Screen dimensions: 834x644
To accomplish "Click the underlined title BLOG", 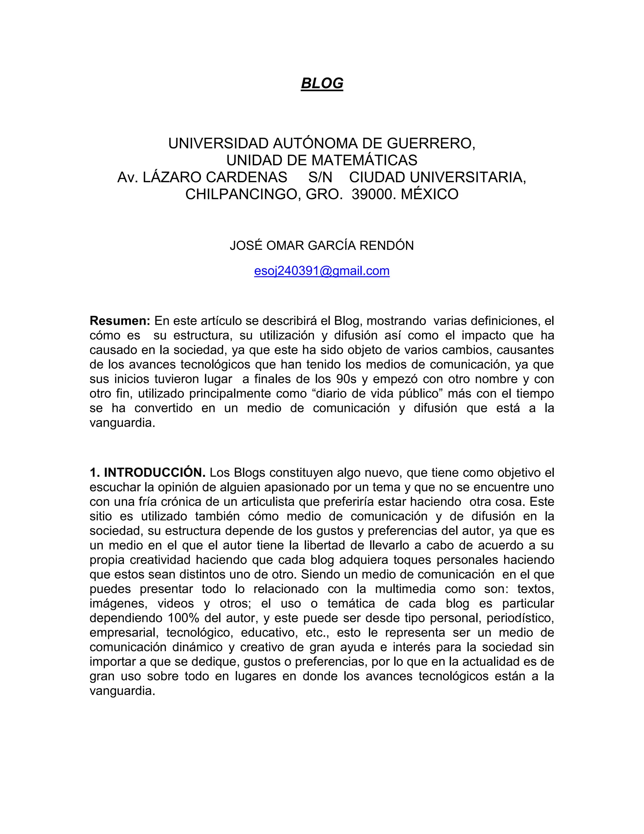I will pos(322,83).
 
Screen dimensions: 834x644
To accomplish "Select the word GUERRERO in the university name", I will pos(431,143).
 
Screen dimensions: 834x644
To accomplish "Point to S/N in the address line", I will pos(320,177).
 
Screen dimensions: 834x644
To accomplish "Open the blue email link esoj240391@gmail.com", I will pos(322,271).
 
